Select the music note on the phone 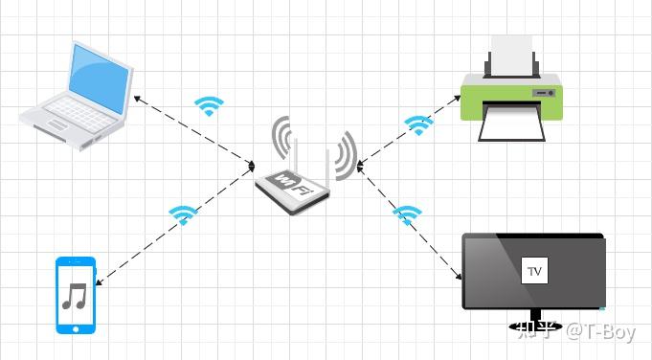[x=74, y=297]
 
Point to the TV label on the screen [x=534, y=272]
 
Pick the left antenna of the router [x=296, y=158]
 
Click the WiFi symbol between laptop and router [x=208, y=105]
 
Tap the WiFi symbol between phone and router [x=182, y=214]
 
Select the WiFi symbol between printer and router [x=417, y=124]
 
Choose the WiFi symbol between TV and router [x=408, y=213]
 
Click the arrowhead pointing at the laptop [x=137, y=98]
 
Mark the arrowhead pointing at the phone [x=100, y=281]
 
